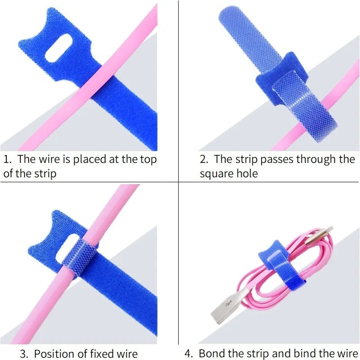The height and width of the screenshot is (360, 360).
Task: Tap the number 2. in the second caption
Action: click(204, 159)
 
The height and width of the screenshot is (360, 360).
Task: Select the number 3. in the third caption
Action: click(24, 354)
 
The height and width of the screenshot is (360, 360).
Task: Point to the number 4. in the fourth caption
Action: click(189, 354)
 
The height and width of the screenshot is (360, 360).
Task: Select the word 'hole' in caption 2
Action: click(247, 174)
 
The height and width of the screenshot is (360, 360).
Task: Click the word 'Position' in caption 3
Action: click(54, 354)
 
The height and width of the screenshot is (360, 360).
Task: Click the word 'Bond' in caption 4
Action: click(210, 354)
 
